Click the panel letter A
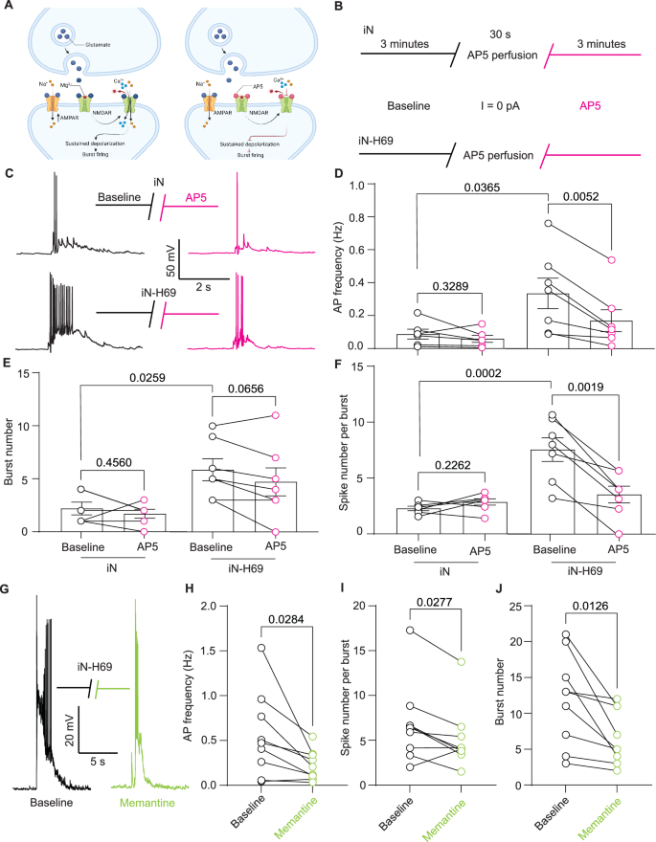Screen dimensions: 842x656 tap(10, 9)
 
